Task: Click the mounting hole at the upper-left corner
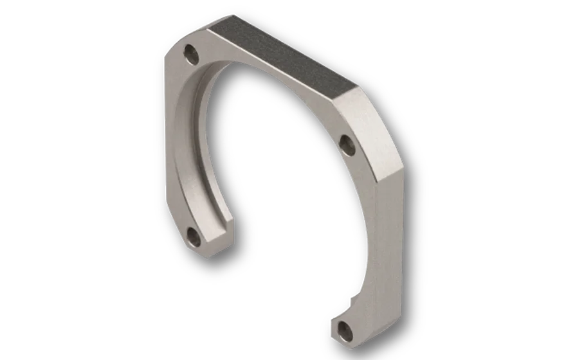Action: [191, 54]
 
